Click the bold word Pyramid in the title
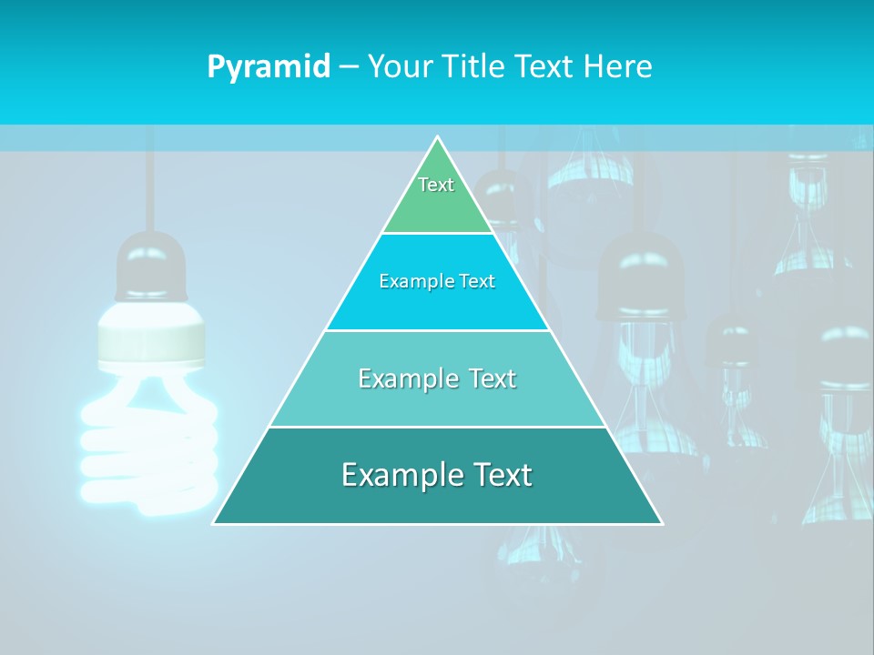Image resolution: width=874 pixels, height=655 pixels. pyautogui.click(x=269, y=67)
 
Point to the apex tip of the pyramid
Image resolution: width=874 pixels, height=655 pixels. pyautogui.click(x=437, y=138)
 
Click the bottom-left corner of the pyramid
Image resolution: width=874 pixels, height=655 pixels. pyautogui.click(x=215, y=523)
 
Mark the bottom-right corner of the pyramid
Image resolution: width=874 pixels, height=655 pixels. pyautogui.click(x=660, y=523)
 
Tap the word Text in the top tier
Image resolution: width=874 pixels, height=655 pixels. pyautogui.click(x=436, y=185)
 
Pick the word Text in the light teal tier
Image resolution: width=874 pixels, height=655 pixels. pyautogui.click(x=487, y=378)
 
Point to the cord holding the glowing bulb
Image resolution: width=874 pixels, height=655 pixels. pyautogui.click(x=150, y=182)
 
